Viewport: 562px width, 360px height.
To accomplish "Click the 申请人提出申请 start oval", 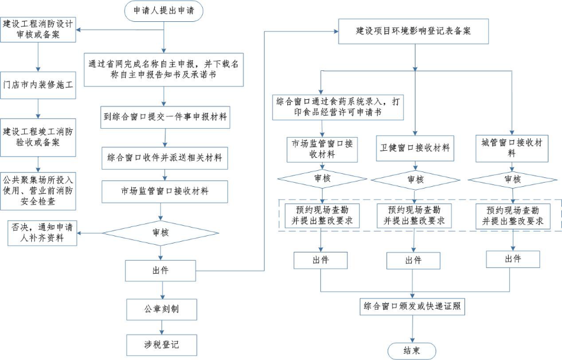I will [164, 10].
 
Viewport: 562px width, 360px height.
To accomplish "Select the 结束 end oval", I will [412, 350].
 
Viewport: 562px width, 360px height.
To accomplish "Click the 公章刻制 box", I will [161, 309].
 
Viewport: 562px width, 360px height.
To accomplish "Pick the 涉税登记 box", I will [161, 343].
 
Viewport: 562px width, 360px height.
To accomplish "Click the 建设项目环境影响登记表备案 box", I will [413, 31].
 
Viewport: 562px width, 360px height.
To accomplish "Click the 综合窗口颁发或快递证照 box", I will [412, 307].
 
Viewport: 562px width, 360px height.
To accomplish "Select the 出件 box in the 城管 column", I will [513, 259].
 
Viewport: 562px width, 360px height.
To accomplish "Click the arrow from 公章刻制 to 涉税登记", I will [161, 326].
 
